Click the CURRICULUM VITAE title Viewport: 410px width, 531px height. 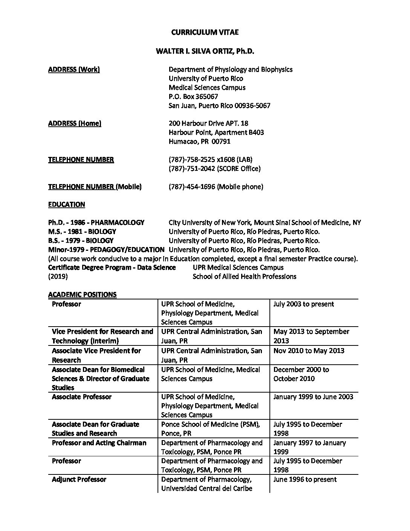click(205, 32)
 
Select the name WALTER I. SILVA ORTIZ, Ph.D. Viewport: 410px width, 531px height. click(205, 51)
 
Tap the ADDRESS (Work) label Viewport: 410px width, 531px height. click(74, 69)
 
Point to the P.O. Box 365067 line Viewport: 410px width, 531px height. click(193, 97)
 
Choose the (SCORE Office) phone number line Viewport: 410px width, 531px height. click(214, 169)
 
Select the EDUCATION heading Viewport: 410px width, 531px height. click(67, 204)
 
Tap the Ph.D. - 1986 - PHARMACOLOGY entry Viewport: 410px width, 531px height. click(96, 223)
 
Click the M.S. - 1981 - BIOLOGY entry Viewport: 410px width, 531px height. click(82, 232)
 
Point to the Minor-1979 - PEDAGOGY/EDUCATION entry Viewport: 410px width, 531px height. click(106, 250)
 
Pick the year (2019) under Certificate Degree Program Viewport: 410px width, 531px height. click(58, 277)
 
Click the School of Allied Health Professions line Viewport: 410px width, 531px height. click(244, 277)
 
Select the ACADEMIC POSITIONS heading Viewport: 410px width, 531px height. click(82, 295)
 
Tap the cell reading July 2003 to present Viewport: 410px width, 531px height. click(304, 304)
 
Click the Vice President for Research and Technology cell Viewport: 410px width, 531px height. click(102, 336)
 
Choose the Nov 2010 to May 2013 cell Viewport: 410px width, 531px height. click(309, 351)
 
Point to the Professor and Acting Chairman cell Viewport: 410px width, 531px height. click(99, 443)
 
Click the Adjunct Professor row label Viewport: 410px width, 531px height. click(79, 479)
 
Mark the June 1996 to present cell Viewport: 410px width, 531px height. click(305, 479)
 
